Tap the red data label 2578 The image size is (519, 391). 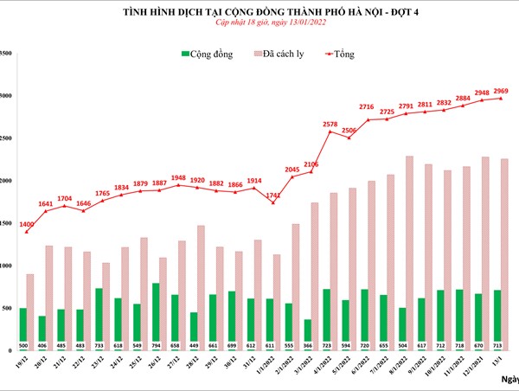point(330,125)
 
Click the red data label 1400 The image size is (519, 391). point(27,224)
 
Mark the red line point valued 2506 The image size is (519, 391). point(349,138)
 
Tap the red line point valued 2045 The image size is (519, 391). point(293,177)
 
